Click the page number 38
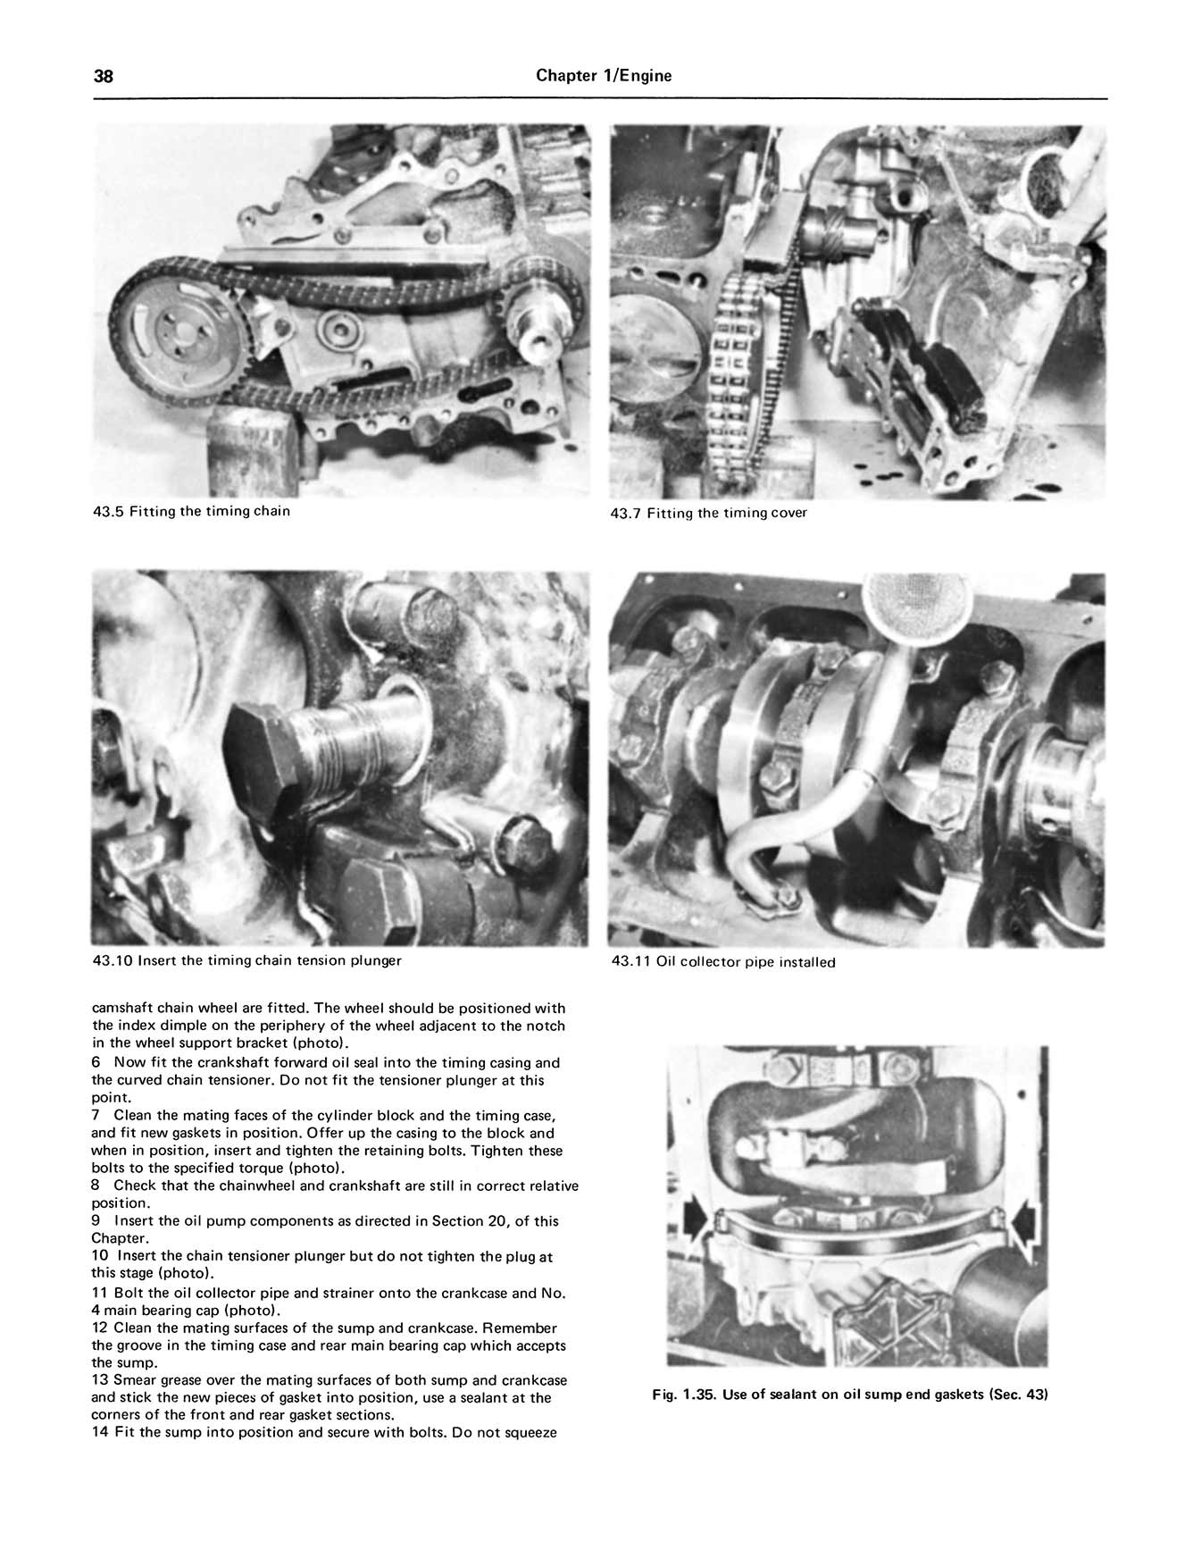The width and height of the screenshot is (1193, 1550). [104, 76]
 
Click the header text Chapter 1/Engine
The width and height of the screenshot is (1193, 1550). [604, 76]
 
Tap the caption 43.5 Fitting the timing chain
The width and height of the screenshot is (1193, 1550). [191, 512]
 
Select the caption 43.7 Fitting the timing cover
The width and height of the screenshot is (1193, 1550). [708, 513]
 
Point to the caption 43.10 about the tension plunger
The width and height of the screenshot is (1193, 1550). [247, 961]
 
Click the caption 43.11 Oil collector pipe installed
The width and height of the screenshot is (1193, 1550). [723, 962]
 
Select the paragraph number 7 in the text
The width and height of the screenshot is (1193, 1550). [96, 1116]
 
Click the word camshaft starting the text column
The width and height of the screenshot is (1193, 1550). [122, 1009]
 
